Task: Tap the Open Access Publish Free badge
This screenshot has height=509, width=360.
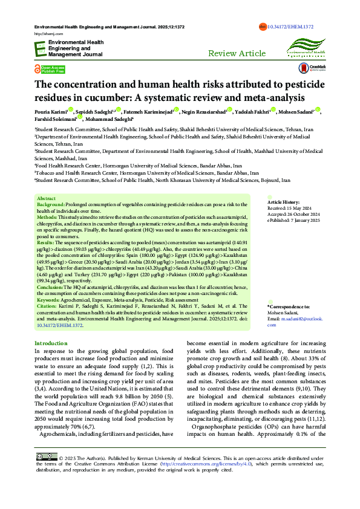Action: [x=50, y=70]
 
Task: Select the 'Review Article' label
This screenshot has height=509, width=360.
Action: [x=237, y=54]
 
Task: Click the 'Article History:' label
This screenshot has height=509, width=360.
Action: [x=283, y=201]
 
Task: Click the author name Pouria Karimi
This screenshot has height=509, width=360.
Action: [x=51, y=112]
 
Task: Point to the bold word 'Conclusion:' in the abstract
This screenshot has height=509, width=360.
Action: [x=50, y=287]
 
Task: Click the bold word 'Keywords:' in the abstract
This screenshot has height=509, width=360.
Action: [x=48, y=300]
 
